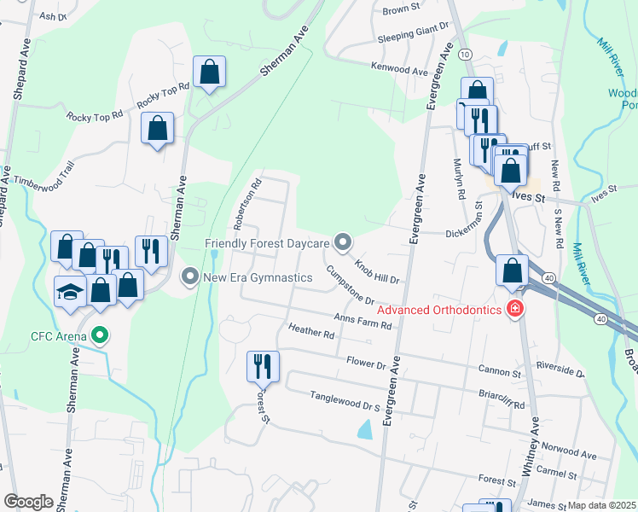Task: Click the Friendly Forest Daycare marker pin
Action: coord(343,244)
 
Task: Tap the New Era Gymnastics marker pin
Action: coord(190,276)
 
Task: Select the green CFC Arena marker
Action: coord(101,335)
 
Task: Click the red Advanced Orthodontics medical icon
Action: coord(514,309)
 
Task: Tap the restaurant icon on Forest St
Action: coord(262,366)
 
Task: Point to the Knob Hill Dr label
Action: coord(378,268)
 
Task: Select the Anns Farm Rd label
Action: coord(362,321)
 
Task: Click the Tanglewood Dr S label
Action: coord(345,398)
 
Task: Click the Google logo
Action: coord(29,501)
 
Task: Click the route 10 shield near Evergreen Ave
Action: coord(465,54)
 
